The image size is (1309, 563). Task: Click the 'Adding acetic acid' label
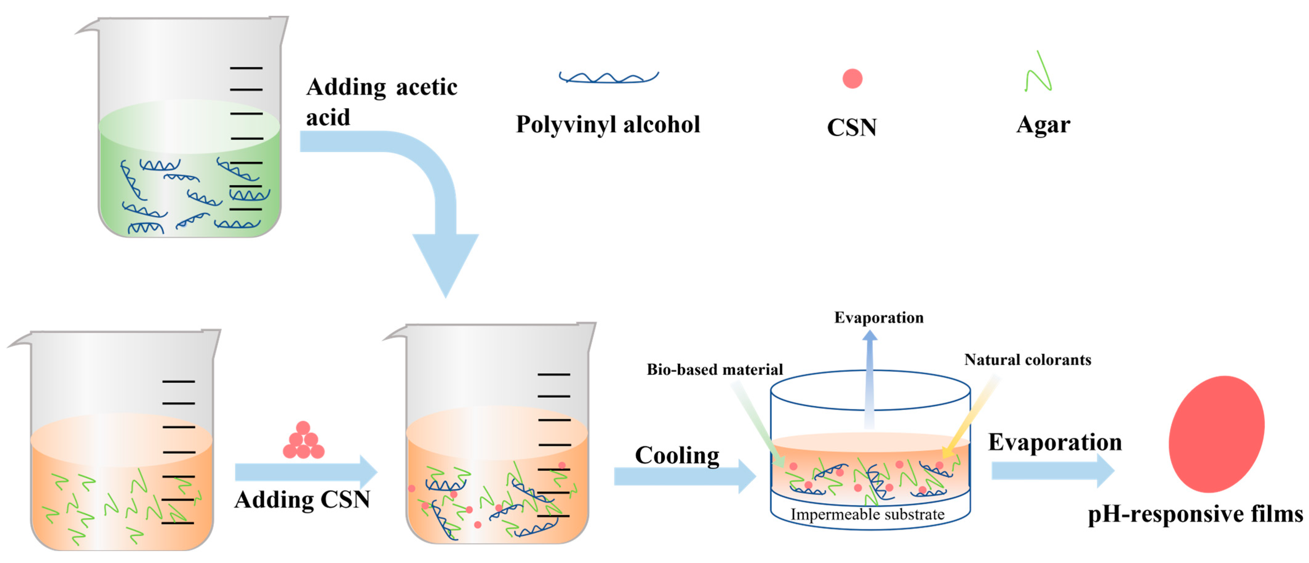coord(381,101)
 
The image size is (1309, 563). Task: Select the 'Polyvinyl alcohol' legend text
coord(608,124)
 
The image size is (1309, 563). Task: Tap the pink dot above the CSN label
coord(852,78)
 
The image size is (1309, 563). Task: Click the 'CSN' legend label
coord(852,127)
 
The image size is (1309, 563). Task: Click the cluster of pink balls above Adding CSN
coord(303,441)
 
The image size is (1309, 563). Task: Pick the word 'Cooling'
coord(677,455)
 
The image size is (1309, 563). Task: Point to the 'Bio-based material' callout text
coord(714,369)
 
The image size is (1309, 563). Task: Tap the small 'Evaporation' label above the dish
coord(879,318)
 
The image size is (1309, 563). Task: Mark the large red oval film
coord(1216,434)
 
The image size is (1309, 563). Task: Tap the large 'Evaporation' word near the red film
coord(1054,442)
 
